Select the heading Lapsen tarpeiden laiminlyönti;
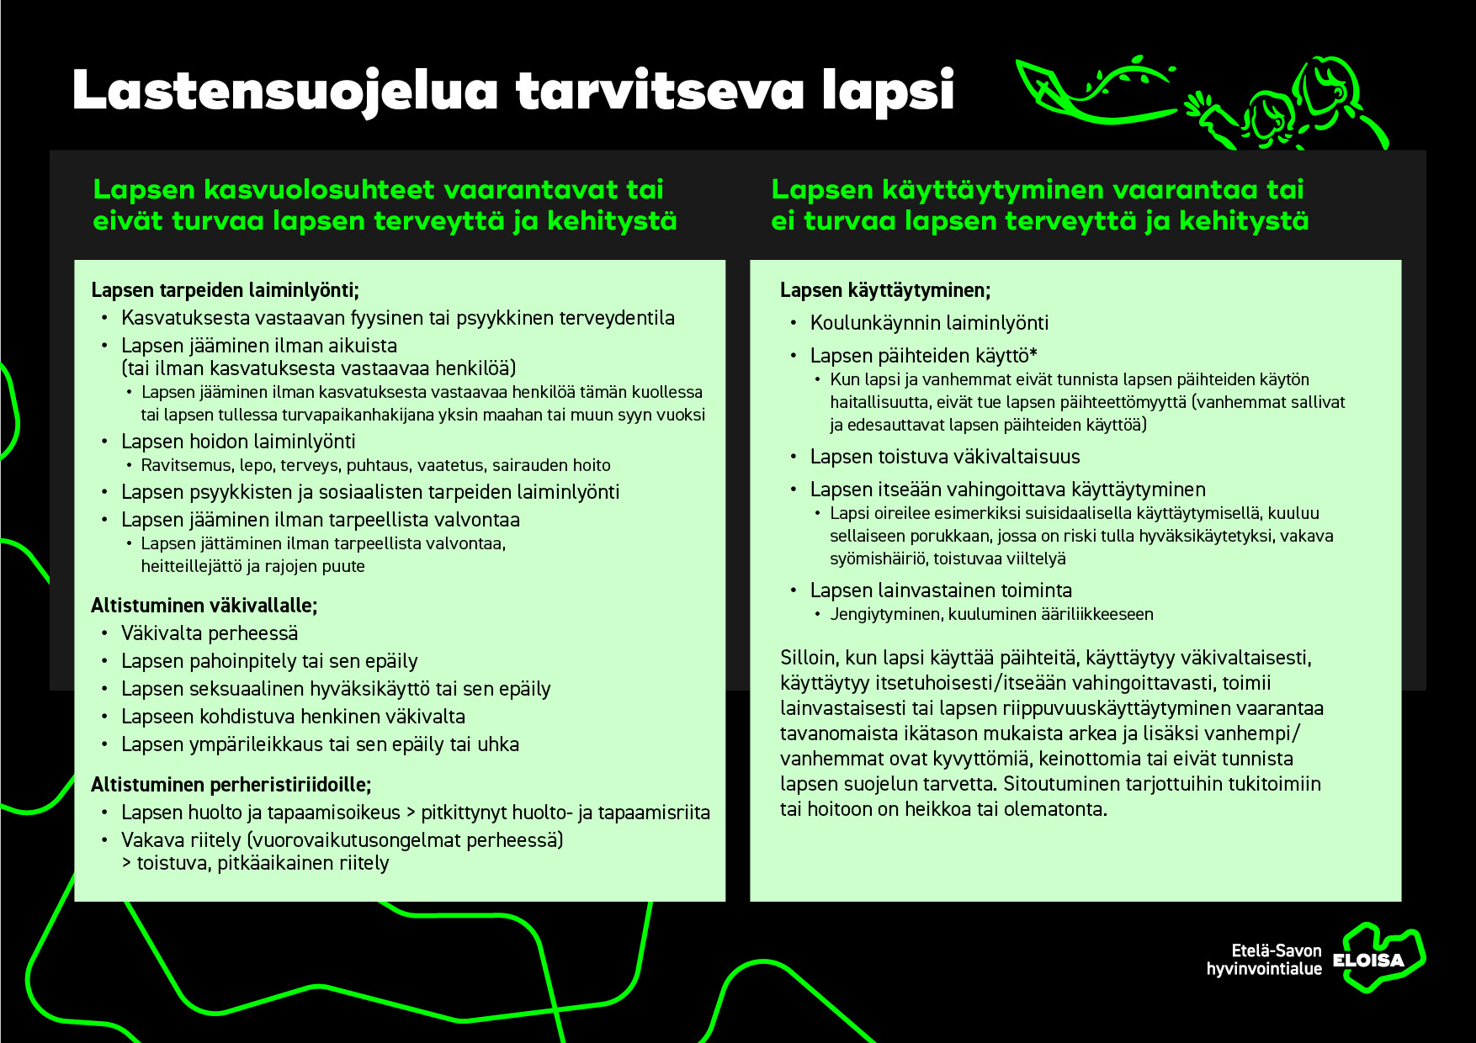click(225, 290)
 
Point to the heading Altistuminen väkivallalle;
click(204, 606)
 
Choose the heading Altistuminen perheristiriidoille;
click(231, 785)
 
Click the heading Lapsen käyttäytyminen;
click(885, 290)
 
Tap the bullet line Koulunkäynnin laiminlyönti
click(929, 323)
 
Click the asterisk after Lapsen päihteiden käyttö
click(1033, 354)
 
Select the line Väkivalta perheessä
click(210, 633)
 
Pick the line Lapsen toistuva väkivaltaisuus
click(945, 457)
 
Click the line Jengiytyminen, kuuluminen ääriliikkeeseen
click(991, 614)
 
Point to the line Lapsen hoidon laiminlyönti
click(238, 442)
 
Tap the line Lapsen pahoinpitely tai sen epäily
click(269, 661)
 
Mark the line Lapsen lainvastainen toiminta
click(941, 590)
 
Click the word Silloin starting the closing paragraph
click(808, 658)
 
